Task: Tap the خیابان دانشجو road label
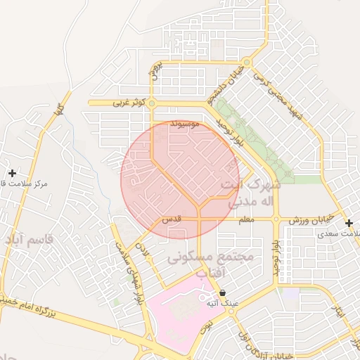233,81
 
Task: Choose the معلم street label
246,221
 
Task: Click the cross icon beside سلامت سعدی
349,223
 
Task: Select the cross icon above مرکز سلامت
12,172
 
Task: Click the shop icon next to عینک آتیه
223,292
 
